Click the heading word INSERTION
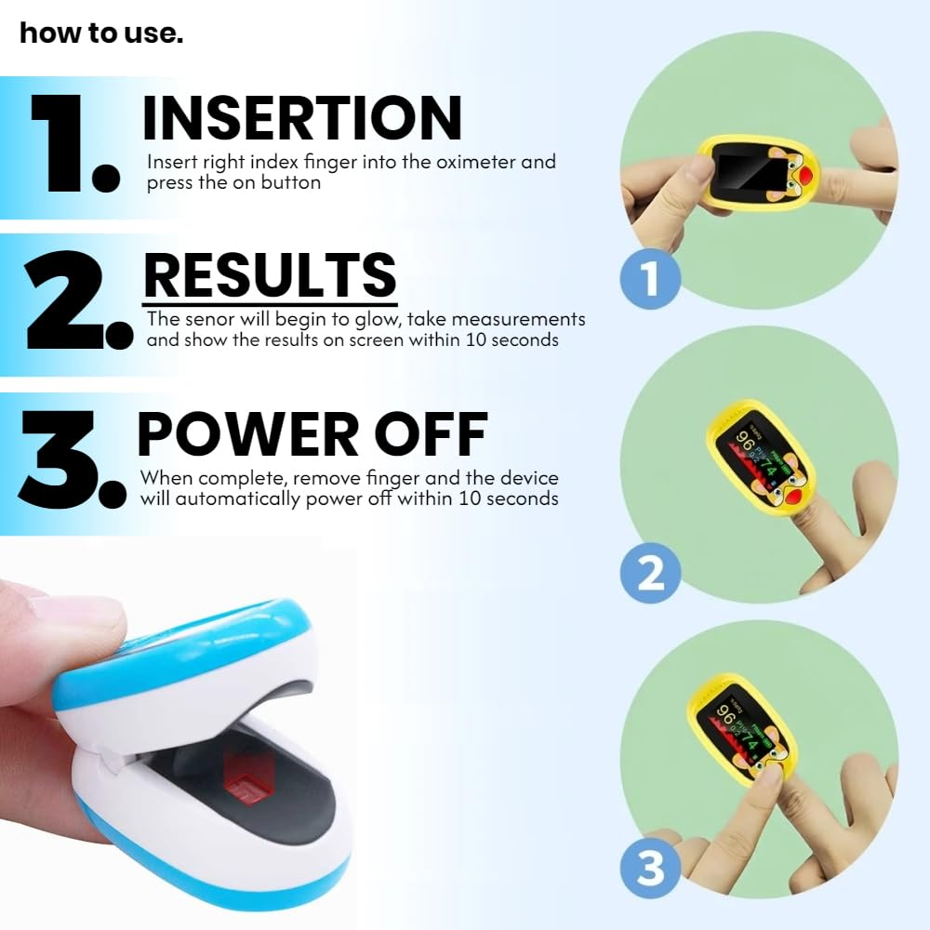point(301,118)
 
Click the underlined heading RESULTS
point(270,275)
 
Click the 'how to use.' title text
point(101,33)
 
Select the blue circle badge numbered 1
point(650,278)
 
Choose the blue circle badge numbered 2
point(650,572)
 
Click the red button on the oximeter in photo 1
point(834,174)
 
